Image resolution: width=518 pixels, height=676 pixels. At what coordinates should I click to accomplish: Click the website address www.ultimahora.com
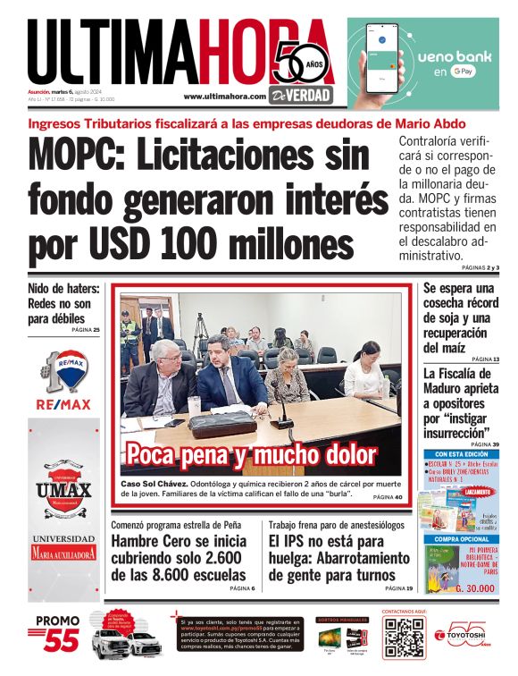point(224,96)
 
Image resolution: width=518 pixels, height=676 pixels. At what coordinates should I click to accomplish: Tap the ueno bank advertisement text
point(450,59)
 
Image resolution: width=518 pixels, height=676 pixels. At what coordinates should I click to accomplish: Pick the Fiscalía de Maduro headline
point(460,403)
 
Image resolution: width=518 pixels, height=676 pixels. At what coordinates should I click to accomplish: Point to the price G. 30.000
point(477,589)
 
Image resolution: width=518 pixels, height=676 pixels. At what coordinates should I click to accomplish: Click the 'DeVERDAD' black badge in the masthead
point(308,93)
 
